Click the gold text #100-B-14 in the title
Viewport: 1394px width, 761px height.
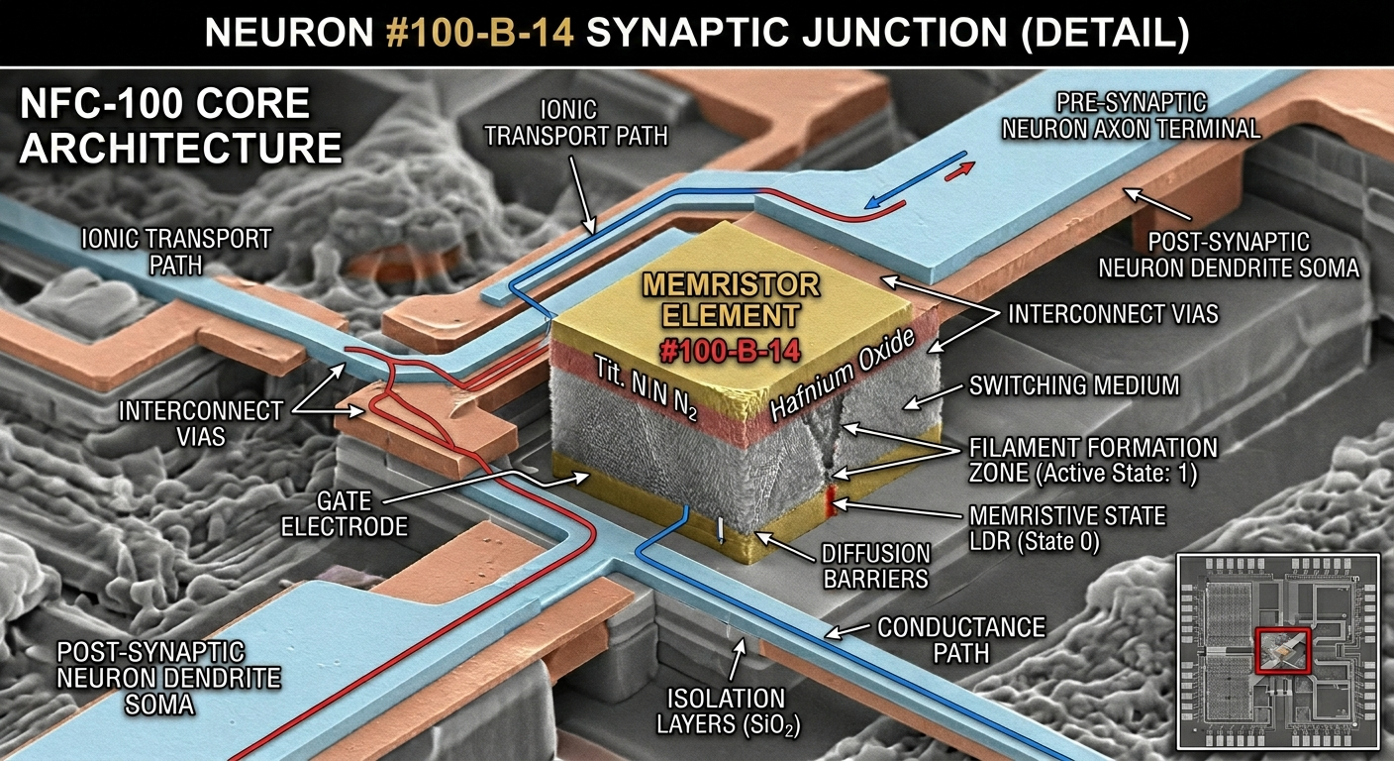(x=479, y=32)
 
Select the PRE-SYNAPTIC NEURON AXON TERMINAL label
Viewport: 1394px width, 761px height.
(x=1131, y=116)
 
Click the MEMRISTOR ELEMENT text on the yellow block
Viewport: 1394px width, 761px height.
(x=731, y=299)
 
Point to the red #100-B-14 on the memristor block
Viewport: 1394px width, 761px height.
(x=730, y=351)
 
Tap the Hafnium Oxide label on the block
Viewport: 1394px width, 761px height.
(x=843, y=375)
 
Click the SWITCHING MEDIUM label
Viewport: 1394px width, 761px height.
(x=1074, y=385)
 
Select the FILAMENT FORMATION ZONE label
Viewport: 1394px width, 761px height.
(x=1093, y=460)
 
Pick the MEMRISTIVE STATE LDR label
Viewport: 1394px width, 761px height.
(x=1067, y=528)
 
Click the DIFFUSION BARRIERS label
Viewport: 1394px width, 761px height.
(x=875, y=566)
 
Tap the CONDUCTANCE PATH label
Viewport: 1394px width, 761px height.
(x=961, y=640)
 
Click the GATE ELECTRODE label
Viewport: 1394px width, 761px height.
(x=345, y=513)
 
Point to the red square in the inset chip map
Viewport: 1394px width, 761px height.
(x=1282, y=651)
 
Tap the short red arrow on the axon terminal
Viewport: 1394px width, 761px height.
(x=959, y=170)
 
